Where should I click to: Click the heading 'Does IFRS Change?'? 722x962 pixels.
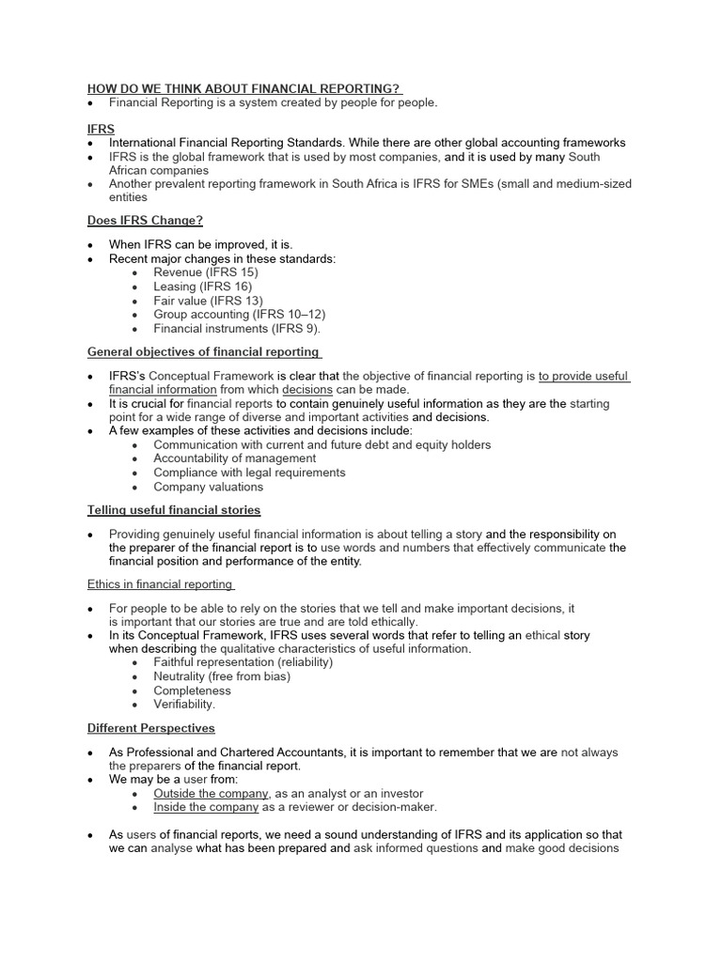pos(145,220)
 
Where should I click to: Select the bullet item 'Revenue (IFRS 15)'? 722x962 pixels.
pos(205,272)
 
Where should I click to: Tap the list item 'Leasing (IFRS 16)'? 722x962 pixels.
pos(202,287)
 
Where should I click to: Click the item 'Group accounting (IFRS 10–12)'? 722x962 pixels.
pos(239,315)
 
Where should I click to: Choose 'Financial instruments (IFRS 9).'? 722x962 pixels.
pos(237,329)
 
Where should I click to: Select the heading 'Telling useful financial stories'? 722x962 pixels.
pos(174,509)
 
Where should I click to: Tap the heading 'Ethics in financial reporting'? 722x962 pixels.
pos(159,583)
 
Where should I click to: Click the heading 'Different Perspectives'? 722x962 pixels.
pos(150,728)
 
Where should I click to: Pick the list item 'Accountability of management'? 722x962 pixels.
pos(234,458)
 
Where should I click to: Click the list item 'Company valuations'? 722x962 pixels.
pos(208,487)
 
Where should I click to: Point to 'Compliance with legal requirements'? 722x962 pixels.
pos(249,473)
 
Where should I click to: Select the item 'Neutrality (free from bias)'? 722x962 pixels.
pos(222,676)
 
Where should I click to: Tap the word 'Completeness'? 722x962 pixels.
pos(192,690)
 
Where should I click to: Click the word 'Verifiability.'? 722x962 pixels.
pos(184,705)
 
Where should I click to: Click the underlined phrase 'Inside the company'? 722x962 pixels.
pos(205,807)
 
